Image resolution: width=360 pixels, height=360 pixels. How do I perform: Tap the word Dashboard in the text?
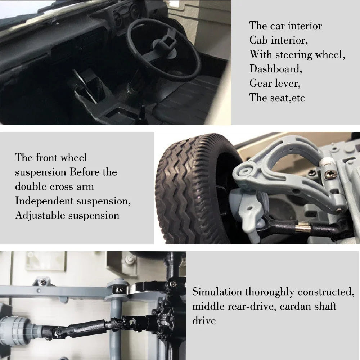point(275,69)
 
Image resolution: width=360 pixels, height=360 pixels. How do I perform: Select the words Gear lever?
point(275,83)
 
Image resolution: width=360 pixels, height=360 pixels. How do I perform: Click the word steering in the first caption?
point(294,55)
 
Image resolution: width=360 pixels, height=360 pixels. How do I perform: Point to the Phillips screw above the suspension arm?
point(329,175)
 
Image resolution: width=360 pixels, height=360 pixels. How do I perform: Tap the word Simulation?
point(217,292)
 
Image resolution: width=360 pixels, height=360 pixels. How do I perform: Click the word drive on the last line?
point(204,320)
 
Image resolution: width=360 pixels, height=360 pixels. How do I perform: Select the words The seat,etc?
point(277,98)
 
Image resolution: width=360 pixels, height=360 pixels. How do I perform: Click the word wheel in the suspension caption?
point(74,158)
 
